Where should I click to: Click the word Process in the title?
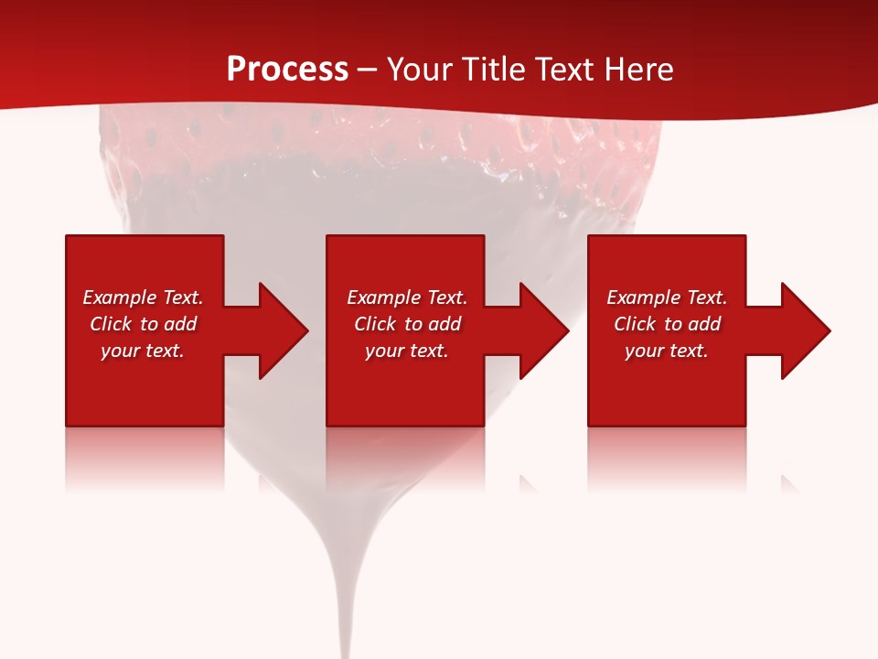(x=287, y=70)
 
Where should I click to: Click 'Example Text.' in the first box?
(x=143, y=297)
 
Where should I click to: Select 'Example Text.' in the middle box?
(x=406, y=297)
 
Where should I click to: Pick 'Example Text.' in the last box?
(x=667, y=297)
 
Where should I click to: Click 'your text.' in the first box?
(x=143, y=351)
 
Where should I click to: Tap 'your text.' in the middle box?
(x=406, y=351)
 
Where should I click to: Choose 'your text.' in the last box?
(x=667, y=351)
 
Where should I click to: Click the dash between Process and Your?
(x=367, y=70)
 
